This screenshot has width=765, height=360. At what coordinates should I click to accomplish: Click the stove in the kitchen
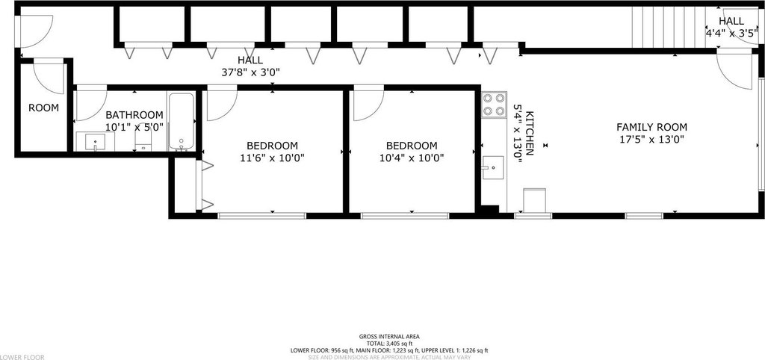(x=493, y=105)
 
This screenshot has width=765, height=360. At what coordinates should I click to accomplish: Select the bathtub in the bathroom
(x=182, y=121)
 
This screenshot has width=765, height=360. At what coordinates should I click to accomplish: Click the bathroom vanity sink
(x=95, y=141)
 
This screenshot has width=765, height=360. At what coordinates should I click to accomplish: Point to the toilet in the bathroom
(x=143, y=140)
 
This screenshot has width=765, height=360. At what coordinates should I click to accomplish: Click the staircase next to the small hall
(x=668, y=28)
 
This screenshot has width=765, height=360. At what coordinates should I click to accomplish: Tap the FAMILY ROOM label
(x=651, y=127)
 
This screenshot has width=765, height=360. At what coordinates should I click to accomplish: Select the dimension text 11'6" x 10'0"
(x=272, y=158)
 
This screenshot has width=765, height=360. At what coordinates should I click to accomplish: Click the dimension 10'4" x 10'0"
(x=412, y=158)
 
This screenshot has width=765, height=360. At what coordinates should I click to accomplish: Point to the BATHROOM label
(x=134, y=115)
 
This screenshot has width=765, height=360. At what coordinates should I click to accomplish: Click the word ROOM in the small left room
(x=43, y=108)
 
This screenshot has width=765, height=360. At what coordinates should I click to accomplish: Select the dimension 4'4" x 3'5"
(x=731, y=33)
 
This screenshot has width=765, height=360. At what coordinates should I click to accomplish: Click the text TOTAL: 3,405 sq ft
(x=389, y=344)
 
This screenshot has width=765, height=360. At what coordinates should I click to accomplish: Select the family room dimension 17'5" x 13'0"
(x=651, y=139)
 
